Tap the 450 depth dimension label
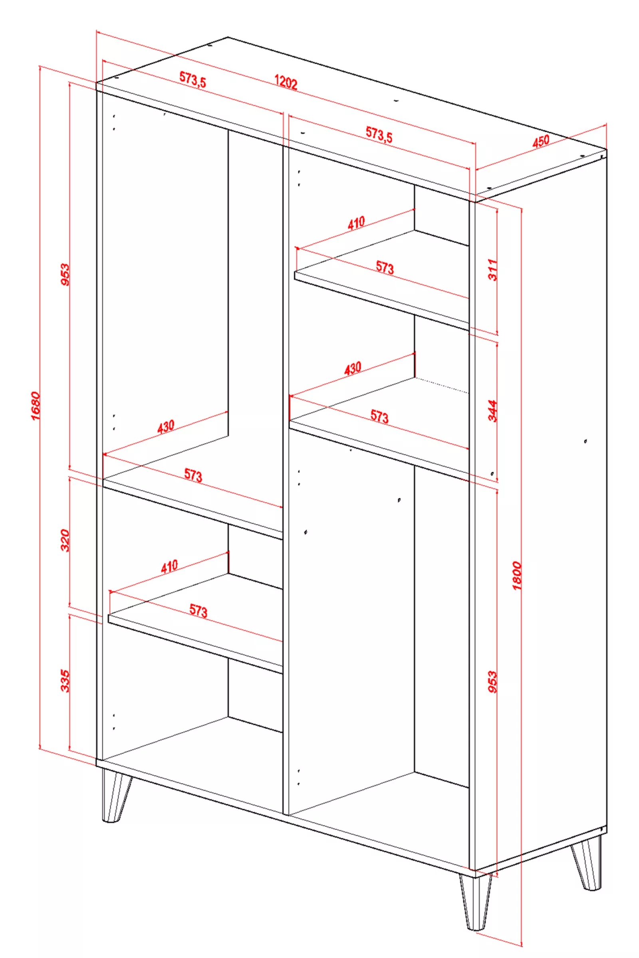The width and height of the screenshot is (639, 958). pyautogui.click(x=541, y=141)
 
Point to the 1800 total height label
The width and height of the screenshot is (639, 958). pyautogui.click(x=516, y=576)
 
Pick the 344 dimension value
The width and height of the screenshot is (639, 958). pyautogui.click(x=493, y=411)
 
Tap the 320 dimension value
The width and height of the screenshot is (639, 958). pyautogui.click(x=65, y=540)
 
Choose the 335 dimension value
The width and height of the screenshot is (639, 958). pyautogui.click(x=65, y=681)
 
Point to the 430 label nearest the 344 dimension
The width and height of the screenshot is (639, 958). pyautogui.click(x=353, y=368)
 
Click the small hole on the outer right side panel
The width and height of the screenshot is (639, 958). pyautogui.click(x=585, y=441)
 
